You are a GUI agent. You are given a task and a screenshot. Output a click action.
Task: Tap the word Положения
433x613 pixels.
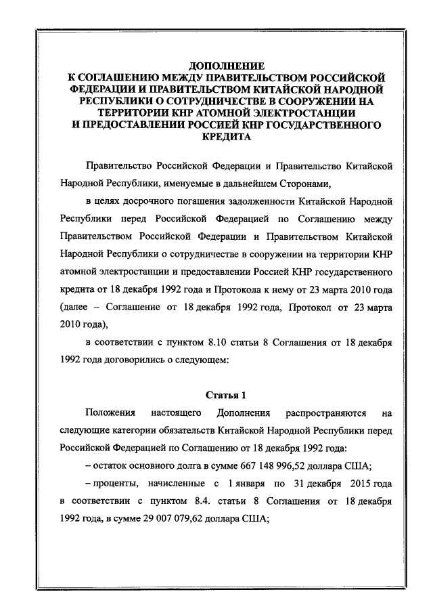click(x=110, y=413)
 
